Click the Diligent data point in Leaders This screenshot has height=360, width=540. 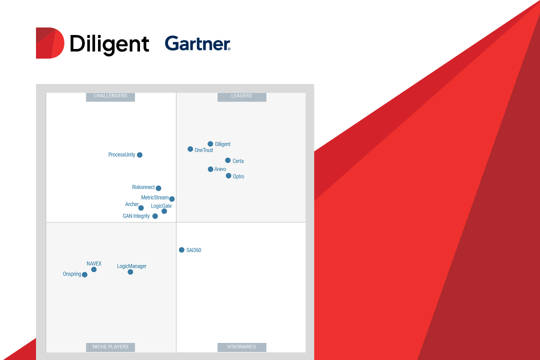coord(210,144)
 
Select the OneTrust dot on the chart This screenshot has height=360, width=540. coord(190,149)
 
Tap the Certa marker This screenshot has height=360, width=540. coord(228,160)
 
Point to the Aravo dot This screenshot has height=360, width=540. coord(210,169)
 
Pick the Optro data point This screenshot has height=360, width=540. coord(228,176)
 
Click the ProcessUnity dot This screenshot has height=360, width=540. coord(140,155)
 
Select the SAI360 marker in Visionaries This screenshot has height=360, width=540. coord(182,250)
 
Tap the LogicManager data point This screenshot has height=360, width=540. coord(130,272)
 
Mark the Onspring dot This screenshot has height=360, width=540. coord(85,274)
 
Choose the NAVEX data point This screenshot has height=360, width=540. coord(94,269)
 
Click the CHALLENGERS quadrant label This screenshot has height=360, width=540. coord(110,96)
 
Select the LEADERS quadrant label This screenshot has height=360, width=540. coord(241,96)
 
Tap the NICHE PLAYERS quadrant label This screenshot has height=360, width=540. coord(110,346)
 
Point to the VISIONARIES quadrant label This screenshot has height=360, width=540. coord(241,346)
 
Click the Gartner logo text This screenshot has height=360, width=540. coord(197,44)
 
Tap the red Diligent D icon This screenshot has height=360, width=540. coord(49,43)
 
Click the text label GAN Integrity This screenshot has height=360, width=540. coord(136,216)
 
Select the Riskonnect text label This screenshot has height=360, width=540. coord(143,187)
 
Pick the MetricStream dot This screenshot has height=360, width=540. coord(172,199)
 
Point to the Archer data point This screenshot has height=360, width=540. coord(141,208)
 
